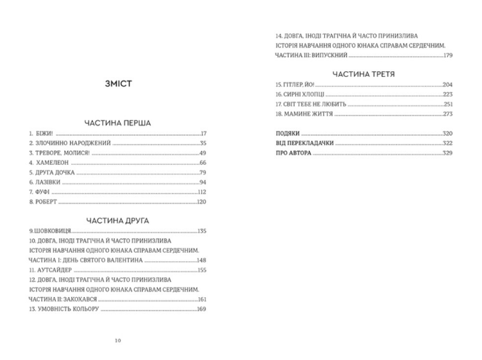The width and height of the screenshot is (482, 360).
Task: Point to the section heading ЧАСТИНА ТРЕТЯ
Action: pos(364,74)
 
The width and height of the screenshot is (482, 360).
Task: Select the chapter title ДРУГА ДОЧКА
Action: pos(56,173)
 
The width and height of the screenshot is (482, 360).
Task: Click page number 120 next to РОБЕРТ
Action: pos(202,202)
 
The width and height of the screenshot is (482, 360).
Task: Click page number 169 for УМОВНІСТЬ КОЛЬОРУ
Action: pos(202,309)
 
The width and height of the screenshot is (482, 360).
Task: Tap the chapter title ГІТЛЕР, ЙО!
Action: pos(295,85)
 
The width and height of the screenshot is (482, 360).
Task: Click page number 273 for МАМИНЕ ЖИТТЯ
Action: pos(448,114)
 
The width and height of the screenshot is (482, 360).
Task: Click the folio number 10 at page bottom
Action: pos(117,339)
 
